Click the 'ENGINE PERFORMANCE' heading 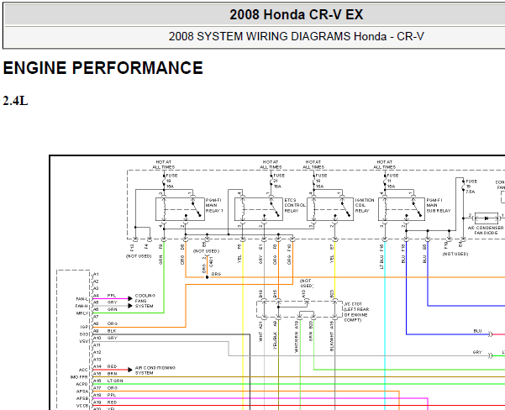pyautogui.click(x=103, y=68)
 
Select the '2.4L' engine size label pyautogui.click(x=16, y=101)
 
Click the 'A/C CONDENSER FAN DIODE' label pyautogui.click(x=485, y=230)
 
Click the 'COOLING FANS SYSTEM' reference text pyautogui.click(x=145, y=301)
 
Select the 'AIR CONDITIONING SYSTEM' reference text pyautogui.click(x=155, y=370)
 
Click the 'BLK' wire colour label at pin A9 pyautogui.click(x=111, y=331)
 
